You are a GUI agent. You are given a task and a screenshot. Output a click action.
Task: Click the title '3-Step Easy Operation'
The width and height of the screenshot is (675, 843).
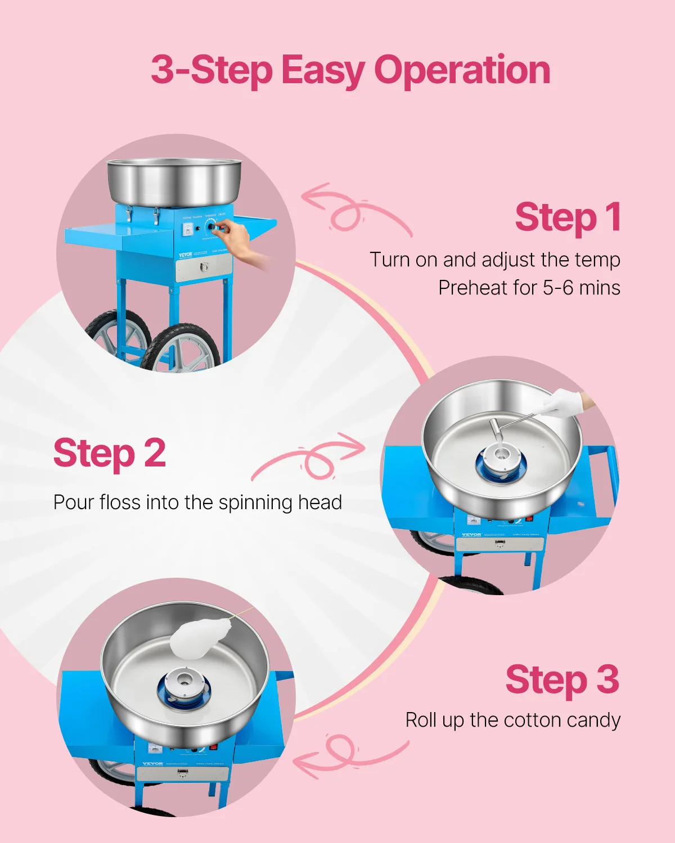(350, 70)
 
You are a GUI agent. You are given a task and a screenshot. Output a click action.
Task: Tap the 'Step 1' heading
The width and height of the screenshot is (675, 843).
(568, 217)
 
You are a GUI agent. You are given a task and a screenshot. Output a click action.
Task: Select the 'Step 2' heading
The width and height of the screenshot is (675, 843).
(110, 454)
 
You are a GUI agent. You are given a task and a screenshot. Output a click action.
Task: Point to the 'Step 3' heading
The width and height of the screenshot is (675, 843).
(562, 680)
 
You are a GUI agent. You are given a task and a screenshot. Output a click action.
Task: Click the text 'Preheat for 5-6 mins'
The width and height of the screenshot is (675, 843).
(529, 288)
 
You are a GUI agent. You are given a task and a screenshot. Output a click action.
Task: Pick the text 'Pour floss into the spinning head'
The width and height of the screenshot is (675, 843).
(197, 502)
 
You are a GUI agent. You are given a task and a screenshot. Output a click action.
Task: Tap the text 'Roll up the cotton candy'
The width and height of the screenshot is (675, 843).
(512, 720)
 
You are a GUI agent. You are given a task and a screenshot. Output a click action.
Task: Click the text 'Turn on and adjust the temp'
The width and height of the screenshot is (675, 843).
(494, 260)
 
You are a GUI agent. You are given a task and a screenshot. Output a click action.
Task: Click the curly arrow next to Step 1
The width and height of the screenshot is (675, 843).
(354, 211)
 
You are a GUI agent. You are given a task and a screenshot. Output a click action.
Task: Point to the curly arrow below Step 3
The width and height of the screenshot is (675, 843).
(349, 756)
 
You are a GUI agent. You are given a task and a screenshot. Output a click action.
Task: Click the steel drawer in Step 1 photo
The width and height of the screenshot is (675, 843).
(204, 268)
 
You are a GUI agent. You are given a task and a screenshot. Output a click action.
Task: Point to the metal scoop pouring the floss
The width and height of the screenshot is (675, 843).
(498, 430)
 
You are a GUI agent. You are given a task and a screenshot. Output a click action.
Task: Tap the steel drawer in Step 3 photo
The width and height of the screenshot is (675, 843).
(182, 773)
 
